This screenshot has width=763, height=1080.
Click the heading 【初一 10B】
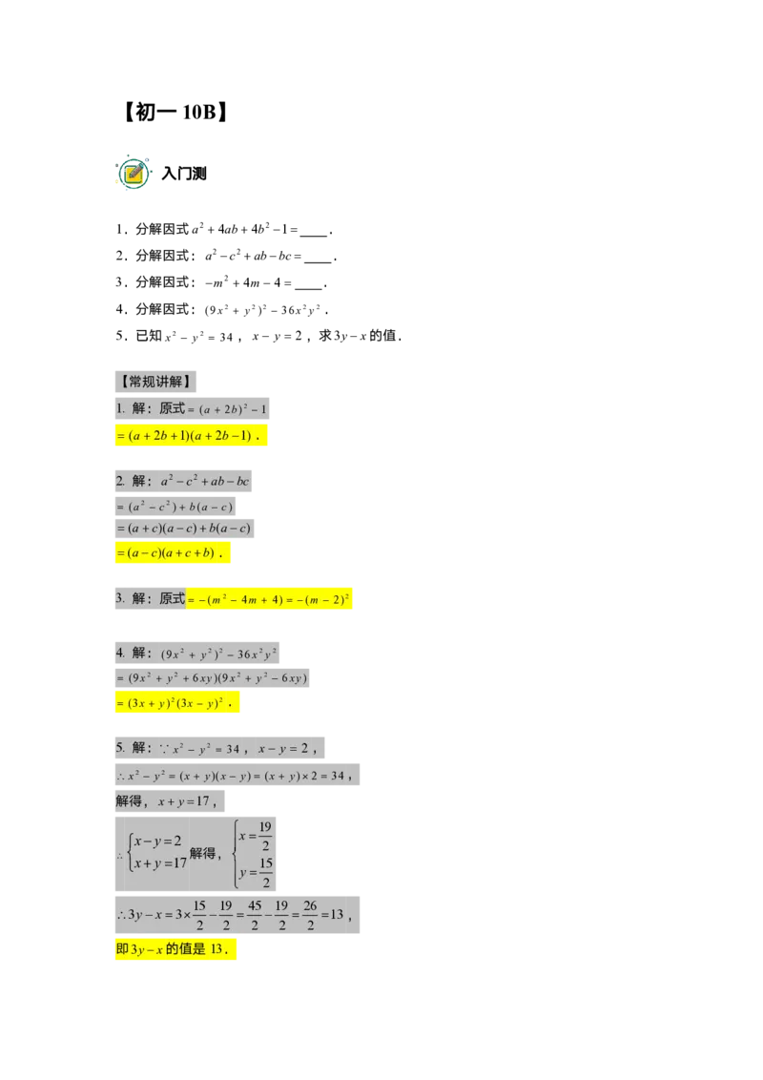[x=175, y=112]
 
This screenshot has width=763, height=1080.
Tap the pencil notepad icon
[x=133, y=172]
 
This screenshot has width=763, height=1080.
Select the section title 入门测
[x=184, y=174]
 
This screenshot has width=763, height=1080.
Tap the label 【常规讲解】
[x=155, y=382]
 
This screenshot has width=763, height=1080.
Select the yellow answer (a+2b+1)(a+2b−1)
[x=192, y=436]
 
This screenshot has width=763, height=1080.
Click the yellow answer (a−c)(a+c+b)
[x=173, y=553]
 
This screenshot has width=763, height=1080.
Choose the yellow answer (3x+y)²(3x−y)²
[x=177, y=703]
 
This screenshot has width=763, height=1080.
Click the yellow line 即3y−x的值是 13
[x=175, y=949]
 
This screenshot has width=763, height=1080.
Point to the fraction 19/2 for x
[x=265, y=836]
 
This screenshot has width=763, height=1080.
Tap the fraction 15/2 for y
[x=266, y=872]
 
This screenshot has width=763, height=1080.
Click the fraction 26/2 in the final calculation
[x=311, y=915]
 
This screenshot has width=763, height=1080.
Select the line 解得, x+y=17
[x=170, y=801]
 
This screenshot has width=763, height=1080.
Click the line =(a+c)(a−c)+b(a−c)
[x=185, y=529]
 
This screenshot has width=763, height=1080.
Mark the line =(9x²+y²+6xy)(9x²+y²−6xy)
[x=212, y=678]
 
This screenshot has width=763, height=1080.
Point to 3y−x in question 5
[x=351, y=336]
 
